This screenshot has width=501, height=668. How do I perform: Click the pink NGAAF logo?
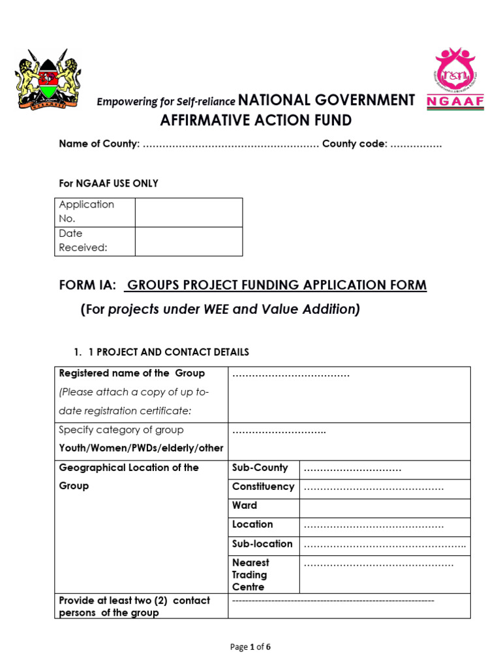point(455,77)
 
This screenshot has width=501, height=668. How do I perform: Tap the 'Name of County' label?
point(99,144)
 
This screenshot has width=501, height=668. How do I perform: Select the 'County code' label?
point(354,144)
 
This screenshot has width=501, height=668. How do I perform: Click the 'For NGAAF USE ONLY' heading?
point(108,183)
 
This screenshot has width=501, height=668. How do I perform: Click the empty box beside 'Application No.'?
point(189,212)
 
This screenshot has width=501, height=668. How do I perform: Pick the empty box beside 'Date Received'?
point(189,241)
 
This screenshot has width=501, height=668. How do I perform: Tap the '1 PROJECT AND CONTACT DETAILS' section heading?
point(168,352)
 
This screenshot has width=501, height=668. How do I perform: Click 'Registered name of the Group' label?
point(132,373)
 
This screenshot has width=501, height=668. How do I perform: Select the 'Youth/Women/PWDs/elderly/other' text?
point(141,448)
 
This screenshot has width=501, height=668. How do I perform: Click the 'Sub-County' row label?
point(260,468)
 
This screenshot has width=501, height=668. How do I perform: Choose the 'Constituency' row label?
point(263,487)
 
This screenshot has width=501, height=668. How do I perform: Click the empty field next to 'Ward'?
point(384,506)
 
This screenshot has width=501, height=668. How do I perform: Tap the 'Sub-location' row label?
point(262,543)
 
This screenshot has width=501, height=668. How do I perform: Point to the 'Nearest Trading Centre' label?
point(250,575)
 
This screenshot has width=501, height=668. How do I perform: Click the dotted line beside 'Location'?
point(374,525)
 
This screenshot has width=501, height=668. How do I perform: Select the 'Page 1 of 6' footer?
point(250,647)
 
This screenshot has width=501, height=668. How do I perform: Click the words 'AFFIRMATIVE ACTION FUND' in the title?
point(256,121)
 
